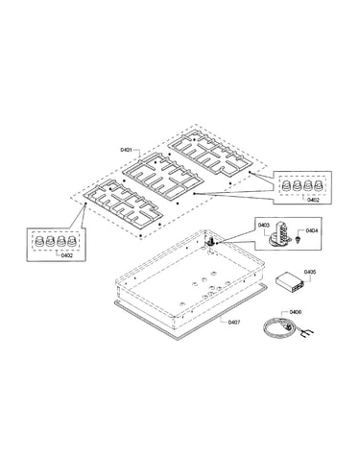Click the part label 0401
(126, 150)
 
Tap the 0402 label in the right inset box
(313, 200)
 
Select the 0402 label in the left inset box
(67, 255)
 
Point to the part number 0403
(263, 226)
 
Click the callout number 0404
(311, 230)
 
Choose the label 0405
(310, 272)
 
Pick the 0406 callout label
(295, 312)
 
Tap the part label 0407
(234, 322)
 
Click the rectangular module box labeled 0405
(288, 283)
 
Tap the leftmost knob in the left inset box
(39, 240)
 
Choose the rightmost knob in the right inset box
(318, 185)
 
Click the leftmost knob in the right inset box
(285, 185)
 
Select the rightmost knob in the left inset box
(71, 240)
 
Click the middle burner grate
(163, 176)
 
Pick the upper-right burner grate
(211, 153)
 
